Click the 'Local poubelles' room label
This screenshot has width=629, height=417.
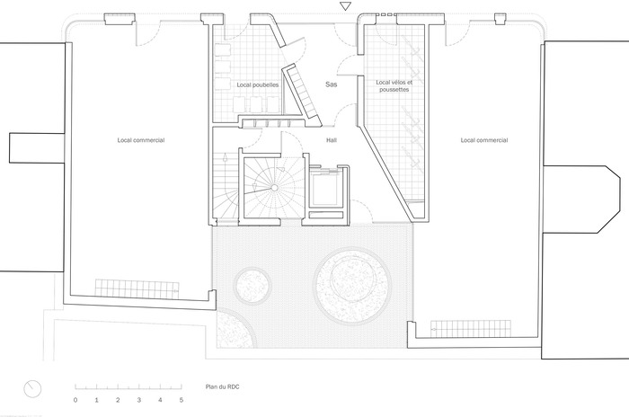258,84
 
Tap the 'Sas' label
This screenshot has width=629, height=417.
331,84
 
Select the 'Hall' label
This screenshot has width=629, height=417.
332,140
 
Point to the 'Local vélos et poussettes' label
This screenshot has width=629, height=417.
394,86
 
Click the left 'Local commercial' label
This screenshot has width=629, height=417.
141,140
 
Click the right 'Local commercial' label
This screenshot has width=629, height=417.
484,140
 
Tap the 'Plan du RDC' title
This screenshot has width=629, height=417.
222,387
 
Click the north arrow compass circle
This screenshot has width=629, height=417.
32,389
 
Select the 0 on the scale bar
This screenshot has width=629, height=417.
75,400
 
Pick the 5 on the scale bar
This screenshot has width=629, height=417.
182,400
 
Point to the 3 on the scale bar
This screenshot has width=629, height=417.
138,400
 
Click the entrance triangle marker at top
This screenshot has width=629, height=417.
345,6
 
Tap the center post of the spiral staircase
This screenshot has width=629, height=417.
274,188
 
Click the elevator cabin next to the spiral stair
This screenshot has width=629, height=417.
326,188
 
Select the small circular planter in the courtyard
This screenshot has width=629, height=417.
252,286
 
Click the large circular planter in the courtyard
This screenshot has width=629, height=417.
352,287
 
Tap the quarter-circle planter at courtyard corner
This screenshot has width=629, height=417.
235,329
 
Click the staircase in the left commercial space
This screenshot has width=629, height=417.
137,288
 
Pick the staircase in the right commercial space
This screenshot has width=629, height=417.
471,329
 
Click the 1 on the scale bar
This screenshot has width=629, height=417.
97,400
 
